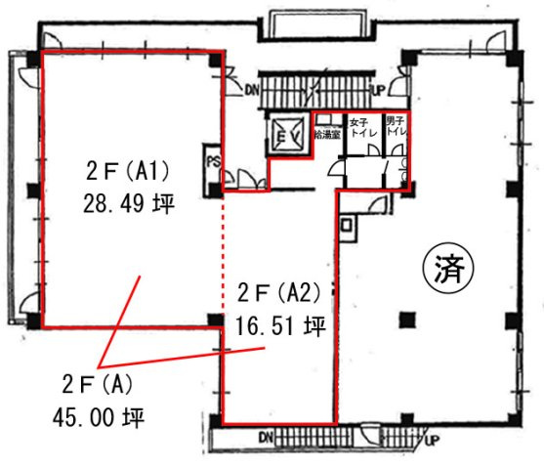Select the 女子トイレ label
360,127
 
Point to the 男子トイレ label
395,126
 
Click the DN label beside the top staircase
252,90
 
